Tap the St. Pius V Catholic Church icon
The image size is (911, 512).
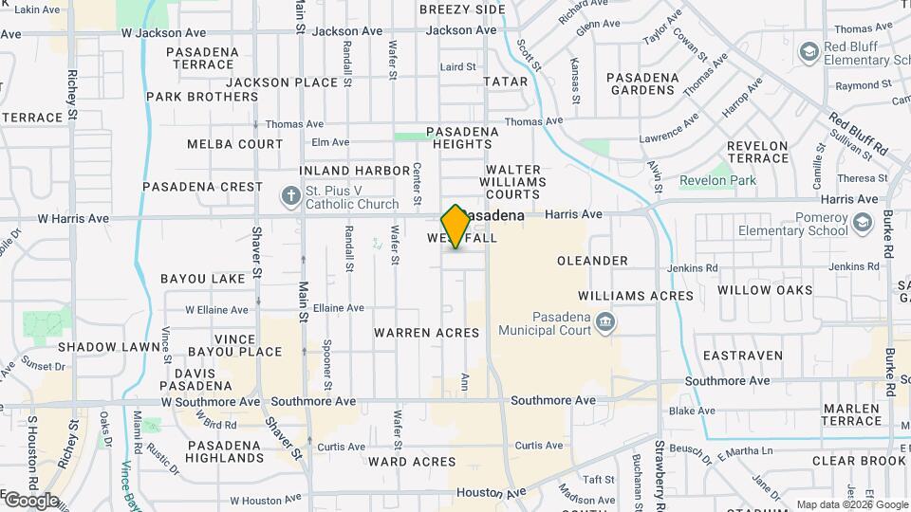[291, 196]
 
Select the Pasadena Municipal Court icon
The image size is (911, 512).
[604, 324]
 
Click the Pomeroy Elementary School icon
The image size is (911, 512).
[862, 222]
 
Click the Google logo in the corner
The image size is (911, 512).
[30, 500]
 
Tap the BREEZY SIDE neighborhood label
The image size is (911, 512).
[462, 9]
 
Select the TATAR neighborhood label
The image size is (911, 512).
[505, 82]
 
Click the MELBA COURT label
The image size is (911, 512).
[234, 144]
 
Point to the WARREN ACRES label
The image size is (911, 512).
[426, 333]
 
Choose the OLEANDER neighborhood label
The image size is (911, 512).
[592, 261]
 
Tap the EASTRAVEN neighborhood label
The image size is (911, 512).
[743, 356]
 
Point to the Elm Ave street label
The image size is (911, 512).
[331, 142]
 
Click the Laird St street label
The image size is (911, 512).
[457, 67]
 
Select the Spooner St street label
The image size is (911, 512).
[326, 365]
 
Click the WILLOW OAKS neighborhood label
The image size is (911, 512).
[765, 290]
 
